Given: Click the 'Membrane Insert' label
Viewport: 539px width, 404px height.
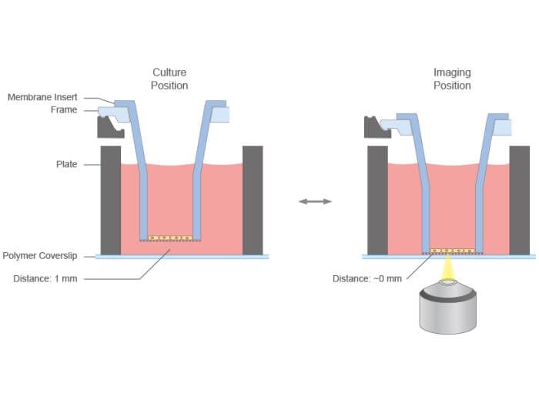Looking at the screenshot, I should (42, 97).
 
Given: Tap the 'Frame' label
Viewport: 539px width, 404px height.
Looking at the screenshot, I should (64, 110).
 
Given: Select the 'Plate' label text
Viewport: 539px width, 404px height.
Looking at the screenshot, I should (66, 164).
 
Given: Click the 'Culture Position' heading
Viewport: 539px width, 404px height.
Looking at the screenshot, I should (169, 79).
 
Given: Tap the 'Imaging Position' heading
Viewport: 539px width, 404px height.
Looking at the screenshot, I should (452, 79).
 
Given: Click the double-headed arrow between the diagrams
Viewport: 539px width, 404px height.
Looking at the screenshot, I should (315, 201).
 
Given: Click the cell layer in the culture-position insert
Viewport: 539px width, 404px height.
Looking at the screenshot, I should (169, 237).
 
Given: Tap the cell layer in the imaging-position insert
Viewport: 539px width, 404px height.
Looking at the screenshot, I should (452, 251).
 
